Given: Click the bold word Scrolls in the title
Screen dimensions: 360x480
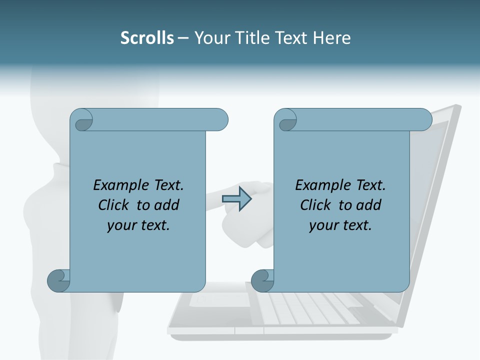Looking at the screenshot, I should (147, 38).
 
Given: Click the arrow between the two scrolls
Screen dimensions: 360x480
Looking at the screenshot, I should (237, 199).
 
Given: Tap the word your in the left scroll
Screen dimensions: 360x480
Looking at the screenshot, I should (120, 225).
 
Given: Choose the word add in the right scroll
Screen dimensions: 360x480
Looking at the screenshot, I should (368, 205).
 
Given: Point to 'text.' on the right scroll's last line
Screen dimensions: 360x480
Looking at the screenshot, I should (356, 225).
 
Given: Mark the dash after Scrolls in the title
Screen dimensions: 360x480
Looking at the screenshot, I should (183, 38).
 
